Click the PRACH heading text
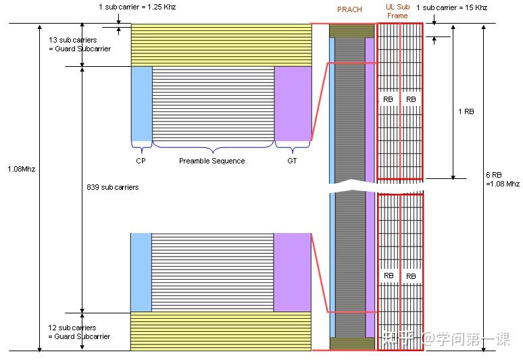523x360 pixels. (349, 9)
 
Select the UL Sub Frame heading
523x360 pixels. (397, 11)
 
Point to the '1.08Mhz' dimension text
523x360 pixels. (21, 169)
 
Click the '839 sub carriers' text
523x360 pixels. (113, 187)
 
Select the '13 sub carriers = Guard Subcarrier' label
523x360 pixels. (79, 45)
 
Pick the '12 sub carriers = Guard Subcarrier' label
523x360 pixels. (79, 332)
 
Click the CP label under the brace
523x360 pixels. (141, 161)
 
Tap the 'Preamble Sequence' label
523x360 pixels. (211, 161)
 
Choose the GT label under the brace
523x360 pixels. (291, 161)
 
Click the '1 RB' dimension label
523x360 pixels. (466, 111)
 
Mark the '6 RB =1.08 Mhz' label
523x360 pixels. (503, 179)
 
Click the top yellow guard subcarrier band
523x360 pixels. (220, 45)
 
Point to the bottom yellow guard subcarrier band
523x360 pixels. (220, 331)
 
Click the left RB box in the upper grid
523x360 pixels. (388, 99)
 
